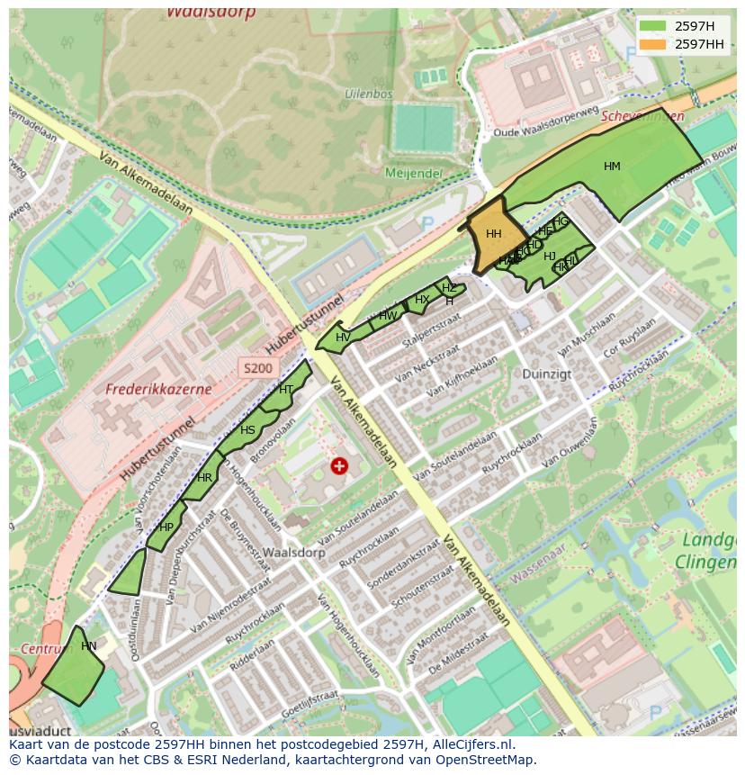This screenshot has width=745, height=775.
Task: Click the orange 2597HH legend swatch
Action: click(x=653, y=44)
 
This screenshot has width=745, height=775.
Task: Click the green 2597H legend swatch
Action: click(x=653, y=26)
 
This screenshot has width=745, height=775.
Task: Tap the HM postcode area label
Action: click(x=612, y=167)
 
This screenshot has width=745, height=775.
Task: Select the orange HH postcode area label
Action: click(x=493, y=234)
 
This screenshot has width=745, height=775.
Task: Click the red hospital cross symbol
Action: click(x=339, y=465)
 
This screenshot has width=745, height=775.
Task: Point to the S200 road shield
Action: click(x=256, y=367)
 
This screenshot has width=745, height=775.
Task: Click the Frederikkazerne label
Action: click(x=158, y=390)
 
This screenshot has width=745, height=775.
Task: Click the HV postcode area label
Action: click(x=343, y=338)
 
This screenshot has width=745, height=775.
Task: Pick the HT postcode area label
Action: click(x=286, y=390)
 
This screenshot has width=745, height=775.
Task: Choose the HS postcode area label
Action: click(x=247, y=430)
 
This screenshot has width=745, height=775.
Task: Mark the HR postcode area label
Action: click(x=205, y=478)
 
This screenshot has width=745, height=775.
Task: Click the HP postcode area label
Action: click(x=166, y=527)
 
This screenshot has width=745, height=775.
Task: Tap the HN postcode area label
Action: click(x=88, y=646)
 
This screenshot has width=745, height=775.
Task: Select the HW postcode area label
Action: click(x=388, y=316)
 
